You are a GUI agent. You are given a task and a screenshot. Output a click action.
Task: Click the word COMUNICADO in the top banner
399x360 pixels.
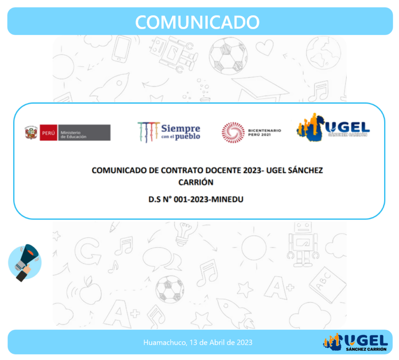(x=197, y=22)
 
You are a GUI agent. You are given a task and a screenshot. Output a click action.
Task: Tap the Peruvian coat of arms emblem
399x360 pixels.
(x=31, y=132)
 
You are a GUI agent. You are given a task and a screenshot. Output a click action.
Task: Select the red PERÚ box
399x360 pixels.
(x=48, y=132)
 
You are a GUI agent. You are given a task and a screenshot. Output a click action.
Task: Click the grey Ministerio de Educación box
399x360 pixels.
(x=84, y=132)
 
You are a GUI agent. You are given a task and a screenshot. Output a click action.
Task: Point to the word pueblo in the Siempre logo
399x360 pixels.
(x=187, y=137)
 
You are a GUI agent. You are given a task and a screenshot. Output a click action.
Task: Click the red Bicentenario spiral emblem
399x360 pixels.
(x=233, y=132)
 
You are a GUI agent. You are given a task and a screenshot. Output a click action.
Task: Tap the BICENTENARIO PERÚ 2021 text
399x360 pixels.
(x=265, y=132)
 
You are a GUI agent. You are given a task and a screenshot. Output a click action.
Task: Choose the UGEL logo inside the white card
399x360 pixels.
(x=333, y=127)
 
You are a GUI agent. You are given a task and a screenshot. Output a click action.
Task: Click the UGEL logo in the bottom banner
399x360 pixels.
(x=355, y=342)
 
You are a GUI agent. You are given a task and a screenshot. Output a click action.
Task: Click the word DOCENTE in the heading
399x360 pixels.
(x=222, y=170)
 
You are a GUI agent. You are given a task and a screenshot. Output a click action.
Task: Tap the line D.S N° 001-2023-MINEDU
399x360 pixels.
(x=196, y=199)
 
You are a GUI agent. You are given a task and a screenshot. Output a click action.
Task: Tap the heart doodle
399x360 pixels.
(x=265, y=47)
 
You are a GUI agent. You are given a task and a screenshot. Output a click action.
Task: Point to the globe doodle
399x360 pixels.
(x=323, y=53)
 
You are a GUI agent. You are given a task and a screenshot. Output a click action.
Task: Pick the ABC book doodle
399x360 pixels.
(x=327, y=285)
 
